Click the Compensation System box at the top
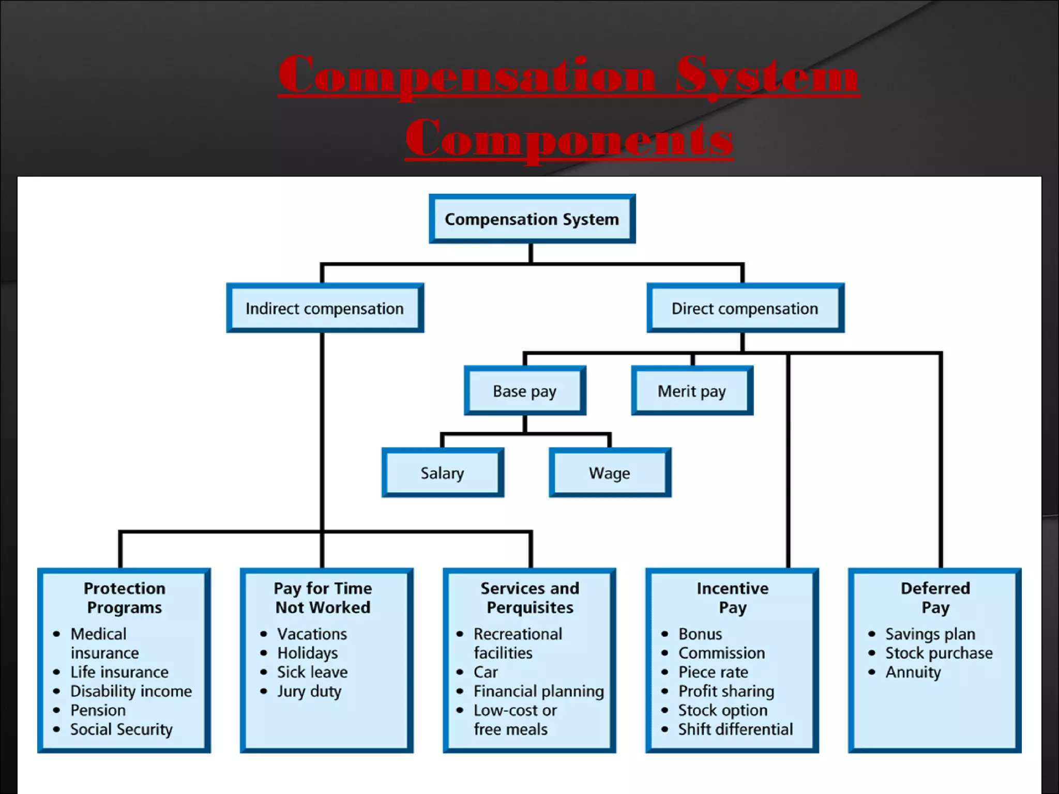532,219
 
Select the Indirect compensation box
325,309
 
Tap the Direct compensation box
745,309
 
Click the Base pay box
524,391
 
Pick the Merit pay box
691,391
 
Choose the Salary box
442,473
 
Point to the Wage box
609,473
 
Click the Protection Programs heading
124,598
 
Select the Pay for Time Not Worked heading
323,598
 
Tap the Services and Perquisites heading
530,598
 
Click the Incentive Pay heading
732,598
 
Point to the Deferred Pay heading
935,598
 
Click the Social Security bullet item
122,729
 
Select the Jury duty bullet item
309,692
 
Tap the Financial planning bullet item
538,692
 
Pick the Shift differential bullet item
735,729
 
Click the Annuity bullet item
913,673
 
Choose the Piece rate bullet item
713,673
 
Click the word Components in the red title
569,138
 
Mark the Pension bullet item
98,710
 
